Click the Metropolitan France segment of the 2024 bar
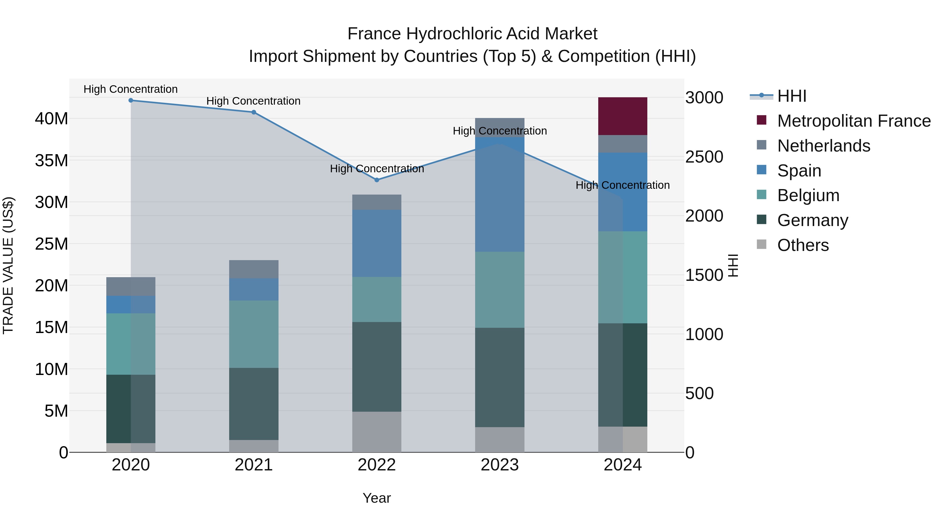(623, 116)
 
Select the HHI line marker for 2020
(131, 100)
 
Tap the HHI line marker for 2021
(254, 112)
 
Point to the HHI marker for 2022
(377, 180)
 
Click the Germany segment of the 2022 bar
(377, 367)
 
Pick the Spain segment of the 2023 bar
(500, 194)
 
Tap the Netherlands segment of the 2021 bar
(254, 269)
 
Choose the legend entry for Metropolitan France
(854, 121)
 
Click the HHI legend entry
(792, 96)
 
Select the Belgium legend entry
(808, 195)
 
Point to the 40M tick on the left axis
(52, 119)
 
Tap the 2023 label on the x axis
(500, 465)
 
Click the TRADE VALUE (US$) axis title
(8, 265)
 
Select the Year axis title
(377, 498)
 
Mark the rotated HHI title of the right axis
(733, 265)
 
